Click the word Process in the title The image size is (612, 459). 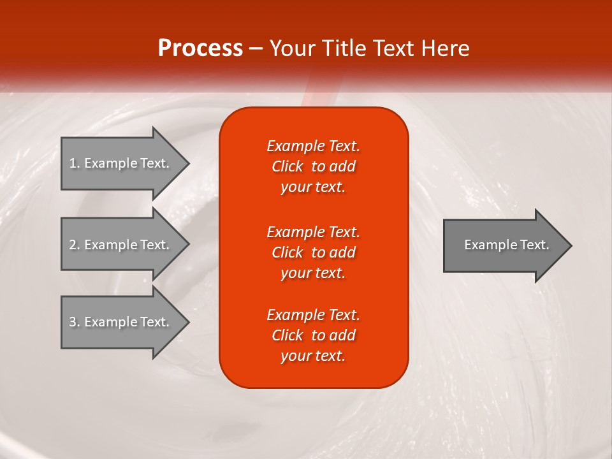200,48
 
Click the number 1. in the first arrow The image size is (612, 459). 75,163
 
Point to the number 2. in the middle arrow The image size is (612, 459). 75,245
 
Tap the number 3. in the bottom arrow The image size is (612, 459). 75,322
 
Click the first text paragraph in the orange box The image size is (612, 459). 313,166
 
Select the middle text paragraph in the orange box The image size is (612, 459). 313,252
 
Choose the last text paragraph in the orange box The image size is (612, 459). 313,335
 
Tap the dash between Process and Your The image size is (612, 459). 256,49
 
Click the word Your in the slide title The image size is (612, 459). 291,48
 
